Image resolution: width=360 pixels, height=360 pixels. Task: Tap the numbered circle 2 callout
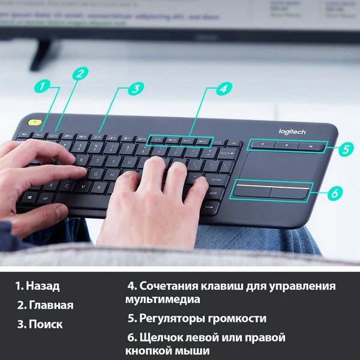(80, 73)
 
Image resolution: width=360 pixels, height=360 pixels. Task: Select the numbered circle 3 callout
(136, 88)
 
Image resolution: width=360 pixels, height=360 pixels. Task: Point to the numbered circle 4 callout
(223, 88)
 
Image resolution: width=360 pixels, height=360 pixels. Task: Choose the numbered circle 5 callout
(345, 149)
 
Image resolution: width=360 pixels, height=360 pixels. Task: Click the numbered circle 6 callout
(336, 193)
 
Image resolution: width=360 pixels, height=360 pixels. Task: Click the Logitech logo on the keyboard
(292, 132)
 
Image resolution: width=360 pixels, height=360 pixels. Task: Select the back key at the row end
(226, 154)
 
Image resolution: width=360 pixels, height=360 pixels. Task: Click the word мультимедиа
(162, 299)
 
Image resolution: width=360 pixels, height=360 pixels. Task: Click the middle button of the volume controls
(287, 145)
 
